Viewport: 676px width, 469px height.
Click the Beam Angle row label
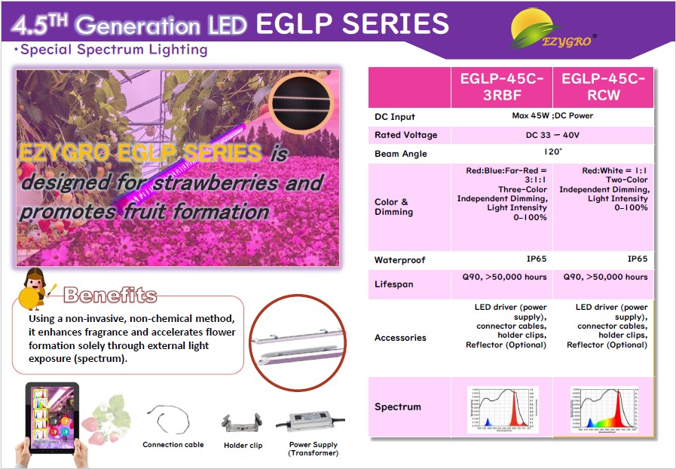coord(401,154)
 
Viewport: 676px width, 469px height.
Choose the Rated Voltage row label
coord(405,135)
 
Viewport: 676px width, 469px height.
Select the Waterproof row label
coord(400,260)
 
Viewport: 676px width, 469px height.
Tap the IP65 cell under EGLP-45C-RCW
coord(638,259)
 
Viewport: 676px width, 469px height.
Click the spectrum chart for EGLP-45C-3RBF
coord(502,409)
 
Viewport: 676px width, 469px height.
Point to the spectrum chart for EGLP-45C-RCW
coord(603,409)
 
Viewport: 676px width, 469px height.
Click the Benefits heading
coord(110,295)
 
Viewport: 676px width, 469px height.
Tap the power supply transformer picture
coord(313,424)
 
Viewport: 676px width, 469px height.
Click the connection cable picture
coord(173,420)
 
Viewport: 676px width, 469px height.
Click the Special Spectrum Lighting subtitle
coord(114,51)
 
